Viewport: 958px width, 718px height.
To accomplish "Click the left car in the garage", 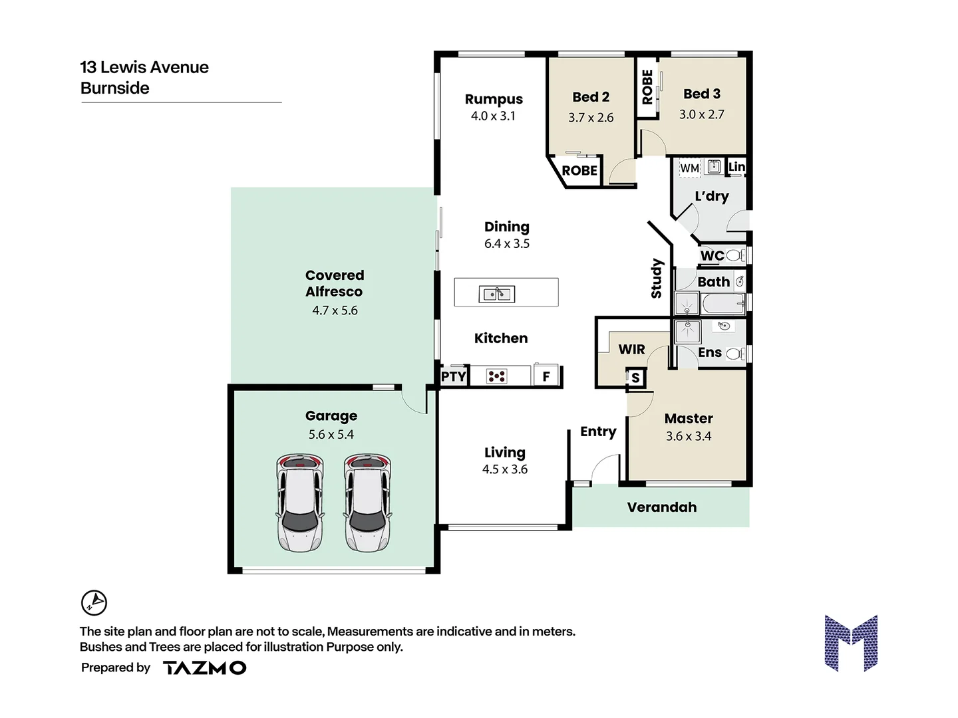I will click(300, 503).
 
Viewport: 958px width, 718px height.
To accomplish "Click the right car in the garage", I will click(367, 503).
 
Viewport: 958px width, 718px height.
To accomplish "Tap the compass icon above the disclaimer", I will click(94, 602).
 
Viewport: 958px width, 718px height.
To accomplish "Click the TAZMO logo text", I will click(204, 668).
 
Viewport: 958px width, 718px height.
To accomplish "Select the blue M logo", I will click(851, 643).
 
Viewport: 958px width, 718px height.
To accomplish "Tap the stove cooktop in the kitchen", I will click(497, 376).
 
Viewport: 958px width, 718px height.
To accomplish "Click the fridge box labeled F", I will click(546, 376).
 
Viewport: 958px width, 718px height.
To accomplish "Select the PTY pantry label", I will click(454, 377).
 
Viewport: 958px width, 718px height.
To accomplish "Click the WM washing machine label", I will click(689, 168).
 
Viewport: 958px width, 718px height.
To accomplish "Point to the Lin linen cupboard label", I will click(736, 166).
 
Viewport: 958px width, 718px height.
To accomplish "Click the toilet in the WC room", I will click(734, 255).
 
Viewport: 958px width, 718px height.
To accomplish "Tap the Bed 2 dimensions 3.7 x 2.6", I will click(591, 118).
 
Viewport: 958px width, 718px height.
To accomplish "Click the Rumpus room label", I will click(494, 99).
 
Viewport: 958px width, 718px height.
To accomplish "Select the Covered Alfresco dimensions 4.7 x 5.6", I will click(335, 310).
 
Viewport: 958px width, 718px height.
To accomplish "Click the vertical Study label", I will click(657, 278).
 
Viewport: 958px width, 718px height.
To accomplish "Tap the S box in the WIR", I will click(635, 378).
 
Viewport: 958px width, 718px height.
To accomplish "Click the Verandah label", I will click(661, 507).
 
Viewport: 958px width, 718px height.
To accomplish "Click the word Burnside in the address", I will click(114, 88).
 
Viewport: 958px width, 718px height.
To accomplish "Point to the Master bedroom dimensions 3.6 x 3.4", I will click(689, 436).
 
